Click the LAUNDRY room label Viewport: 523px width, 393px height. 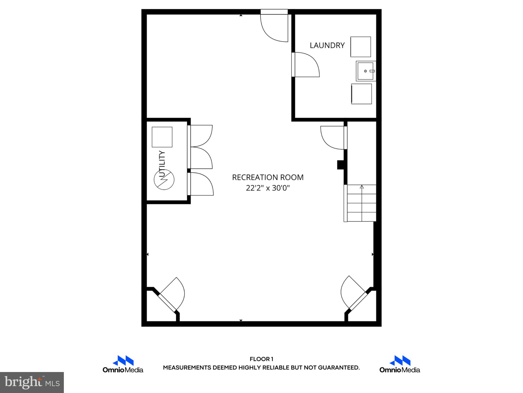[x=327, y=46]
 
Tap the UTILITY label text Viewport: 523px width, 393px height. [x=162, y=164]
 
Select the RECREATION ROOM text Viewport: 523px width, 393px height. [x=268, y=177]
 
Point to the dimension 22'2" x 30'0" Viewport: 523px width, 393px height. [x=268, y=188]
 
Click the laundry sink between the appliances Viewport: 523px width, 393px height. [x=365, y=71]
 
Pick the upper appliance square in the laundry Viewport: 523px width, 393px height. [x=360, y=47]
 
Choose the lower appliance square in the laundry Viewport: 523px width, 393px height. [x=361, y=94]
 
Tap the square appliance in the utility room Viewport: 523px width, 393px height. [x=162, y=137]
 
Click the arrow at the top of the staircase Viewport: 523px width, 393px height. [x=362, y=187]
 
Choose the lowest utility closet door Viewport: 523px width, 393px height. [x=201, y=184]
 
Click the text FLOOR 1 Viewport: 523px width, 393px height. [x=261, y=359]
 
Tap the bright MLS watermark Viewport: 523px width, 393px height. [x=32, y=382]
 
